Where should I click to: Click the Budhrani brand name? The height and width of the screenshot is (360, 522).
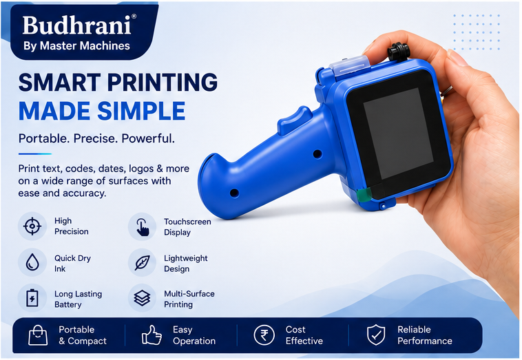point(77,25)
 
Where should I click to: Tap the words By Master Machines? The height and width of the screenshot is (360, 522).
point(76,46)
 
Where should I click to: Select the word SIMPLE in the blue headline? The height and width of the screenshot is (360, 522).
point(141,111)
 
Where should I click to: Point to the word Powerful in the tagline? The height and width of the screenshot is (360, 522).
point(148,138)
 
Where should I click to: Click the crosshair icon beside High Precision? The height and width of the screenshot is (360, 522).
point(32,226)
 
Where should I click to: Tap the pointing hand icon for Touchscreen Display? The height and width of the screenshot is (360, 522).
point(142,227)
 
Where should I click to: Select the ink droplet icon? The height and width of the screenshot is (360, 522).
point(32,262)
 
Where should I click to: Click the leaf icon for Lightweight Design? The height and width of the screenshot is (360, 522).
point(142,262)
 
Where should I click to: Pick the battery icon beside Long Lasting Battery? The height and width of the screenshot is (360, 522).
point(32,298)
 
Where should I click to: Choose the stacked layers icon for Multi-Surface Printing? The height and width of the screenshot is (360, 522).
point(142,298)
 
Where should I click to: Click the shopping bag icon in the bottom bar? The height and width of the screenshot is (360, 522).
point(38,335)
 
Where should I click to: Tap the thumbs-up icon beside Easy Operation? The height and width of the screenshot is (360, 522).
point(152,335)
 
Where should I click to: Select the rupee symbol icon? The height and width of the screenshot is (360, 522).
point(264,335)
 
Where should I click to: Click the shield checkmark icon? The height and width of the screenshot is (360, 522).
point(376,335)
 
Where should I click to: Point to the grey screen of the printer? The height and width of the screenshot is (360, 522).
point(398,134)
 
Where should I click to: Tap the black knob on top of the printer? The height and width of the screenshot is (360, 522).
point(398,52)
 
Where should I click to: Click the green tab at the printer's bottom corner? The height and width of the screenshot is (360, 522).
point(364,195)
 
